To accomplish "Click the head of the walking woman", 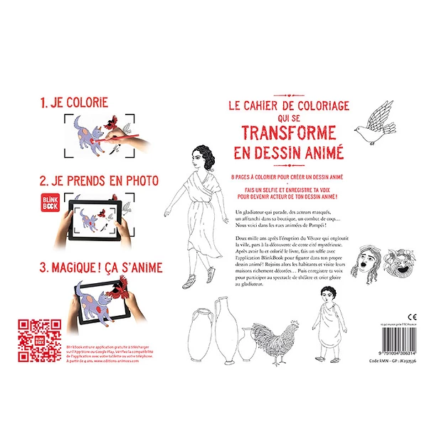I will [x=199, y=156].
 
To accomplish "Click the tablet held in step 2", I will [x=106, y=218].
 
